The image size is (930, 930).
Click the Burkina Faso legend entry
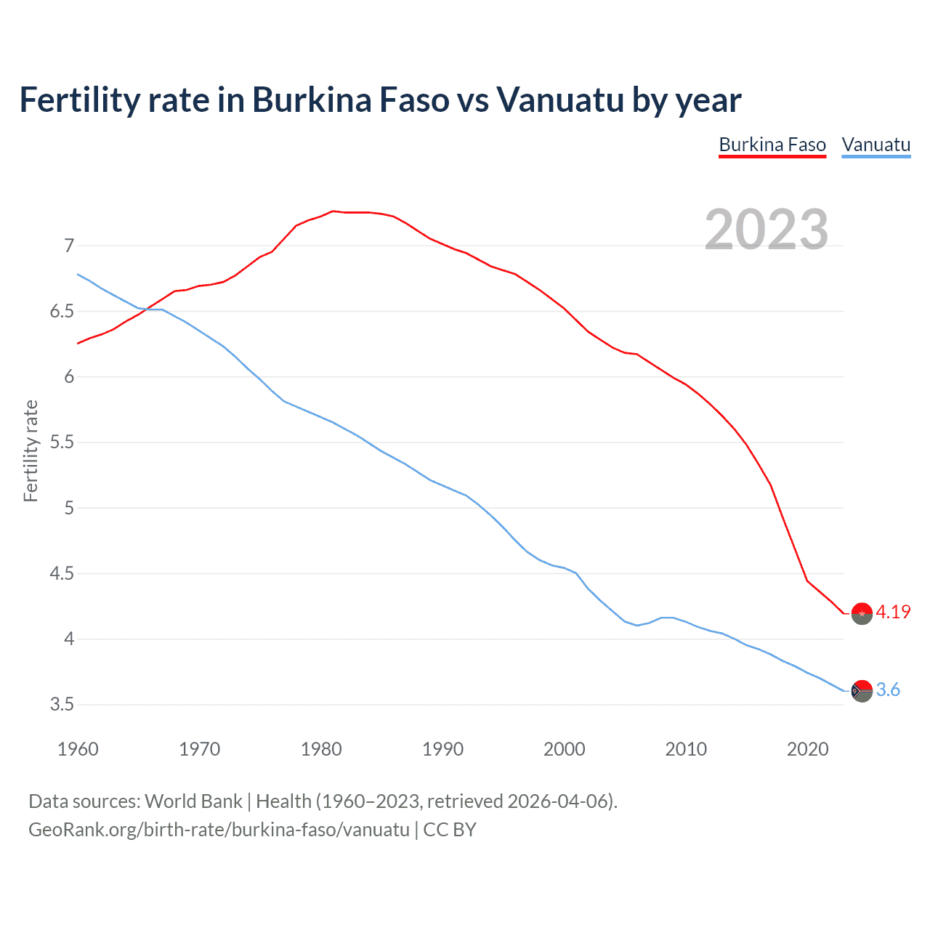pos(772,145)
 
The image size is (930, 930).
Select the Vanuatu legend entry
pos(876,145)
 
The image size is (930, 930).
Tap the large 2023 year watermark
pos(767,230)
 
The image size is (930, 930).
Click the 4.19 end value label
pos(893,612)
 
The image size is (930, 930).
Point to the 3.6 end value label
pos(888,690)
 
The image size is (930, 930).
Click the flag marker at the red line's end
pos(862,614)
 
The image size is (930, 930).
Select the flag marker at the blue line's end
pos(862,691)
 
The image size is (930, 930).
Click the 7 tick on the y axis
pos(69,246)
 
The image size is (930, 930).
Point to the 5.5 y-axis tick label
pos(62,442)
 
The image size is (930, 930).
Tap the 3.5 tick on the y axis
pos(62,705)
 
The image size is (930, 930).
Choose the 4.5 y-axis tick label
pos(62,574)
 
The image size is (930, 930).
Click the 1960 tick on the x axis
pos(78,749)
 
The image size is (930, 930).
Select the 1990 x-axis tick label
pos(442,749)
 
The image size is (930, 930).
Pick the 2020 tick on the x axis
pos(807,749)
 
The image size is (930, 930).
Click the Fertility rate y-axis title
pos(31,450)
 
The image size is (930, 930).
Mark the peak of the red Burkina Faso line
pos(333,211)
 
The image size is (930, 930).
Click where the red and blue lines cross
pos(145,310)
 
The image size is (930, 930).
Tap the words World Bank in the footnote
pos(193,801)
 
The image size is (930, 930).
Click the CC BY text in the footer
pos(450,830)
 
